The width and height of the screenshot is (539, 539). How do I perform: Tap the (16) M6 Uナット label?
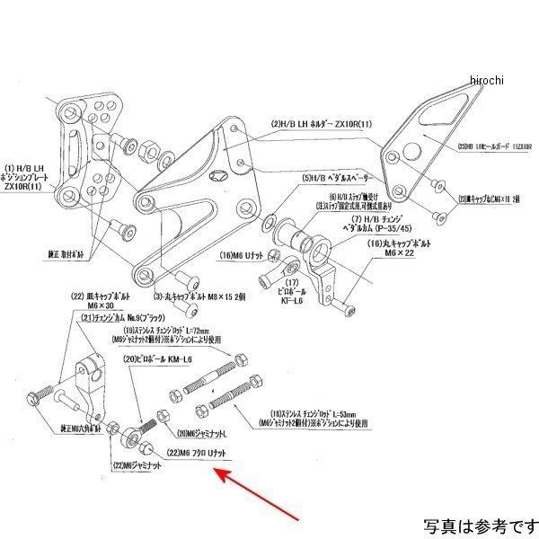point(243,256)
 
